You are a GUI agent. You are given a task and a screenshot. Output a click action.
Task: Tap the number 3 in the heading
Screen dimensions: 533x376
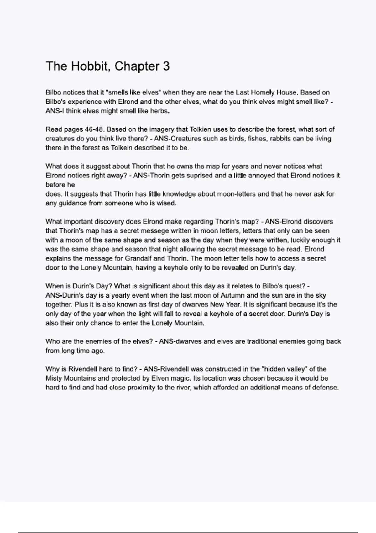coord(166,66)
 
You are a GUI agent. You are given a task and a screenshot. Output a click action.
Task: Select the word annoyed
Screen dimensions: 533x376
coord(261,176)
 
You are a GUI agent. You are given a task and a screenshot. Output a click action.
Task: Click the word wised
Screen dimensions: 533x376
coord(167,203)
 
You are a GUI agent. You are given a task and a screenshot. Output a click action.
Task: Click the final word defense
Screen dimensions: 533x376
coord(327,388)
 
